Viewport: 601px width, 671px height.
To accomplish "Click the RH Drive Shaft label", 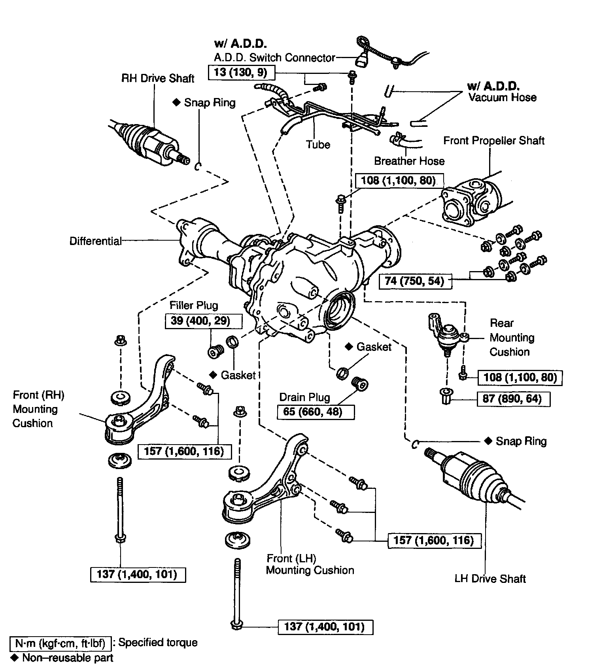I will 158,79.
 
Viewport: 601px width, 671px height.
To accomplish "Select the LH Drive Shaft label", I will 490,579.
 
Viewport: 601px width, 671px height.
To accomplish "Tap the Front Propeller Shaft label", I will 494,141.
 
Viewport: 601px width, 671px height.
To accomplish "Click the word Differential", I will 95,241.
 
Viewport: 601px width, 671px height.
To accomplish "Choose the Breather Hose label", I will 409,161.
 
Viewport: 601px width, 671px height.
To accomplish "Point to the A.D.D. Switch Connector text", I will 274,58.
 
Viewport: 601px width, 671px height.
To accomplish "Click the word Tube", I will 318,145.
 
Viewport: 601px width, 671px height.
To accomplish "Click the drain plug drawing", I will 360,383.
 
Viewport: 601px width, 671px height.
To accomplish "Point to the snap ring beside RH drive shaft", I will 198,166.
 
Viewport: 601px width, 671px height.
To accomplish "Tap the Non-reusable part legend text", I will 68,658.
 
